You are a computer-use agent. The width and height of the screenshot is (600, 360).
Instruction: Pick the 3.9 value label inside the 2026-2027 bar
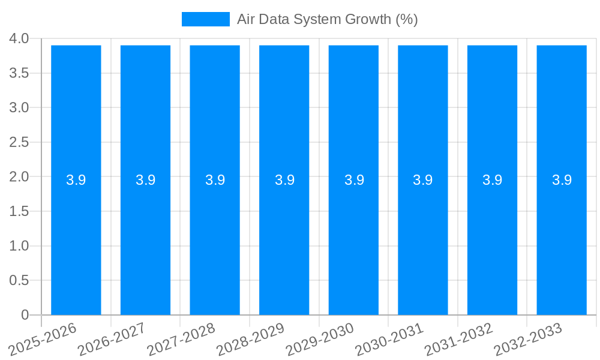[x=146, y=180]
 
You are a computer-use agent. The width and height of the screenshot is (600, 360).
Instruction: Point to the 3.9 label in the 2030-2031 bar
[x=423, y=180]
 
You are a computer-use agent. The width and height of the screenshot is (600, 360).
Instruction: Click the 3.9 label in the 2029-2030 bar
[x=354, y=180]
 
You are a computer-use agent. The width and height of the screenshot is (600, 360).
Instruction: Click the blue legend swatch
[x=206, y=19]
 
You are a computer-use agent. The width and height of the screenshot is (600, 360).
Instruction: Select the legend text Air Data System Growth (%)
[x=327, y=19]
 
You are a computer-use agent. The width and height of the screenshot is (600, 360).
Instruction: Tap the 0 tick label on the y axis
[x=25, y=315]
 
